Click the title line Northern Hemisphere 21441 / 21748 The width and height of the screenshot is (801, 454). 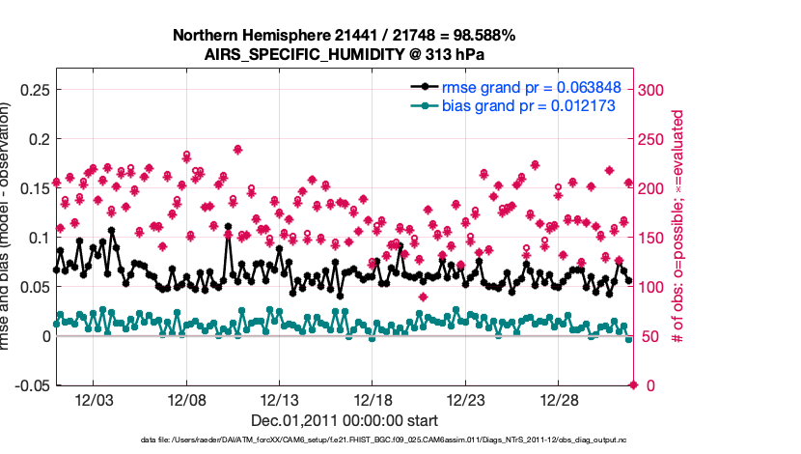[x=345, y=36]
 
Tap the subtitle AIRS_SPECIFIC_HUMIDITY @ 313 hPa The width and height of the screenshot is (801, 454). [x=345, y=54]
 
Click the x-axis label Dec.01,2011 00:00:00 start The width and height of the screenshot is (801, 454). [x=345, y=420]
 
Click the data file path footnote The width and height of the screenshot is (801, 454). [x=395, y=440]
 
